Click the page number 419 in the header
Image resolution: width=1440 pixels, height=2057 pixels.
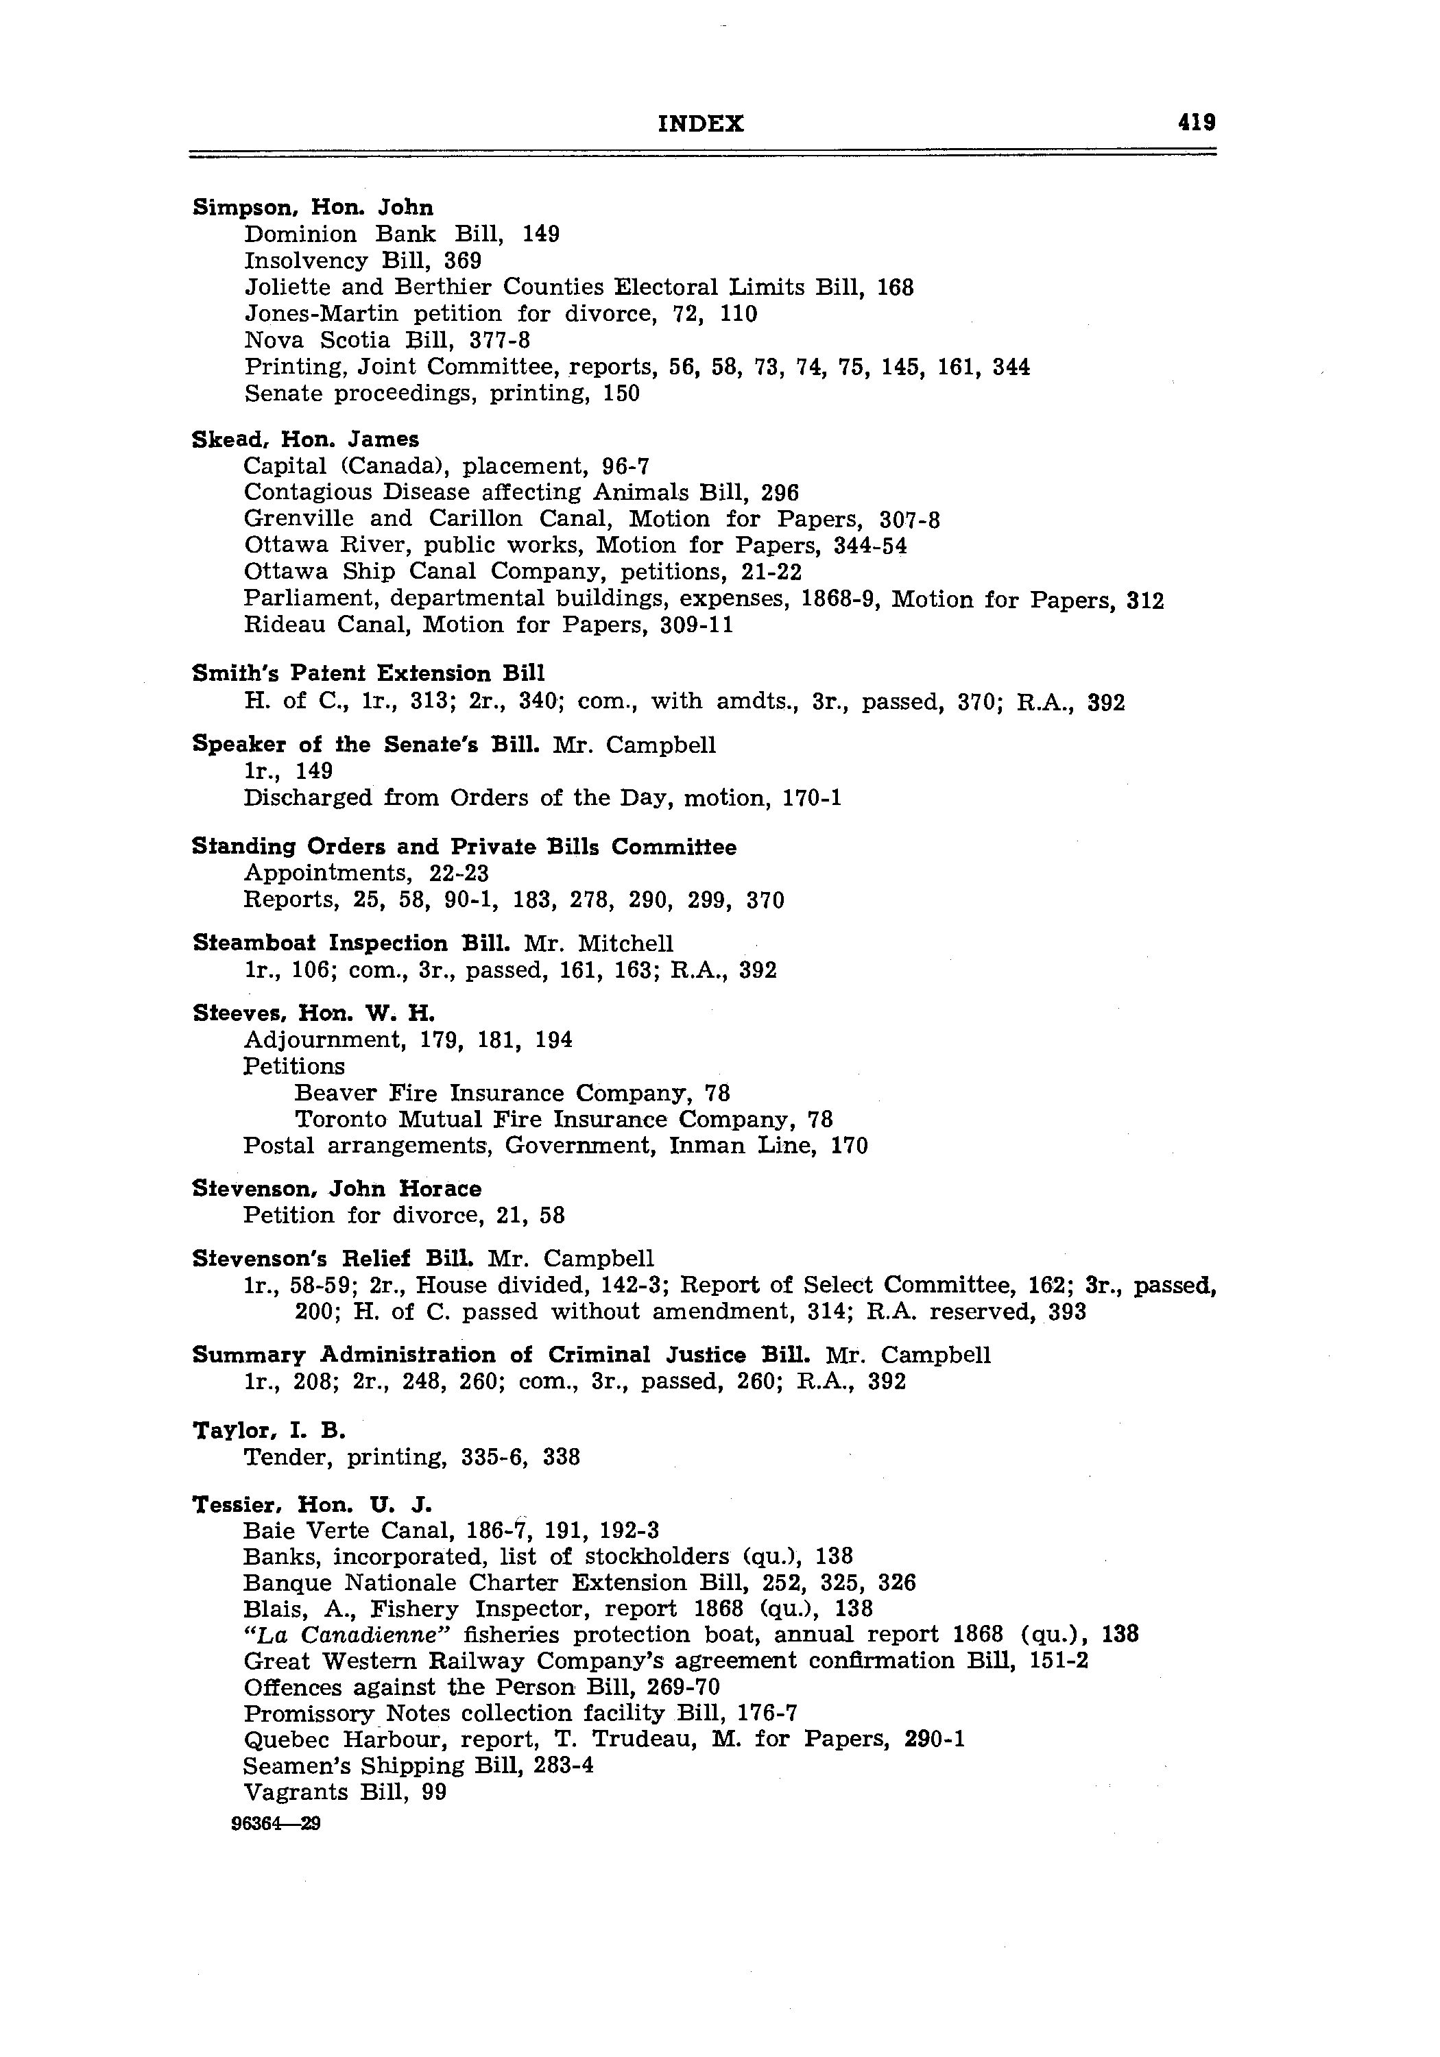(x=1197, y=122)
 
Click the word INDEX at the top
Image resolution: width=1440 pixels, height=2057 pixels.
(x=701, y=123)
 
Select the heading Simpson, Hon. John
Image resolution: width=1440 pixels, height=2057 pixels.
(x=313, y=208)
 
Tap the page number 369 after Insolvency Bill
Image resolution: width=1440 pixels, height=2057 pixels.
(x=462, y=261)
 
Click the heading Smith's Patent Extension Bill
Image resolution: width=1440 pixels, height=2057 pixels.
(x=368, y=674)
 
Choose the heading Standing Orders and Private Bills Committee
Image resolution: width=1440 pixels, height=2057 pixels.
(x=464, y=847)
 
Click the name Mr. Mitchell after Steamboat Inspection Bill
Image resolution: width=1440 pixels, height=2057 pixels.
(x=599, y=943)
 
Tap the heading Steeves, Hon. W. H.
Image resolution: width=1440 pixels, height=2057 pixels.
(x=313, y=1013)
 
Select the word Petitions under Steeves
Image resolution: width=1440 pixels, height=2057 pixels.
(x=294, y=1066)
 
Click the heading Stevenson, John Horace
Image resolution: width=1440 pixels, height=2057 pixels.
(x=337, y=1189)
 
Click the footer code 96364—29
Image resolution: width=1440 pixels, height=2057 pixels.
(x=276, y=1824)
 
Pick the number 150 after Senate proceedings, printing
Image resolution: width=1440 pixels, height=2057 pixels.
(x=621, y=394)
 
